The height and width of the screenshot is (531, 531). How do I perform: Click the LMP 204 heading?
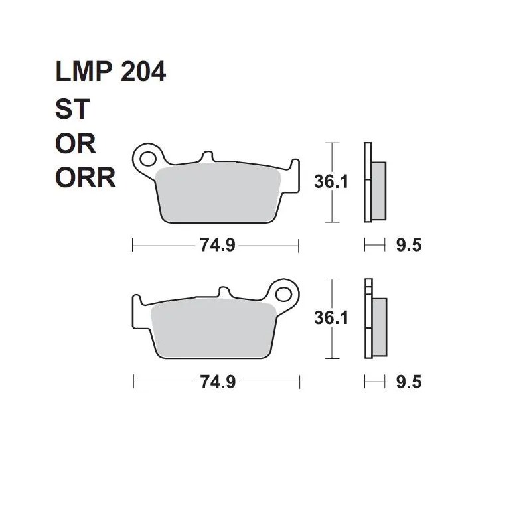(x=110, y=72)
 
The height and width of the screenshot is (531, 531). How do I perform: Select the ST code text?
(x=72, y=109)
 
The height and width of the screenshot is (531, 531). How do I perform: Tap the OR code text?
(x=76, y=143)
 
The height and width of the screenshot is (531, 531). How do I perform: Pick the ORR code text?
(x=86, y=178)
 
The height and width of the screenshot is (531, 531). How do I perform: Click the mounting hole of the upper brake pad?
(x=148, y=159)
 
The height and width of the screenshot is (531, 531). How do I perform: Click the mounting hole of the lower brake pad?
(x=283, y=295)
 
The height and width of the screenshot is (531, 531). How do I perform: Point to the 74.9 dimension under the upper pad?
(x=217, y=244)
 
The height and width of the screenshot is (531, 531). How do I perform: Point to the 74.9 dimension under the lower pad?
(x=218, y=382)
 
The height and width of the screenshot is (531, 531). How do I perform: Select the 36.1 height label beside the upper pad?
(x=331, y=181)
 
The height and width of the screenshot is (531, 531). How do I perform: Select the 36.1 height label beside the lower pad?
(x=331, y=318)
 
